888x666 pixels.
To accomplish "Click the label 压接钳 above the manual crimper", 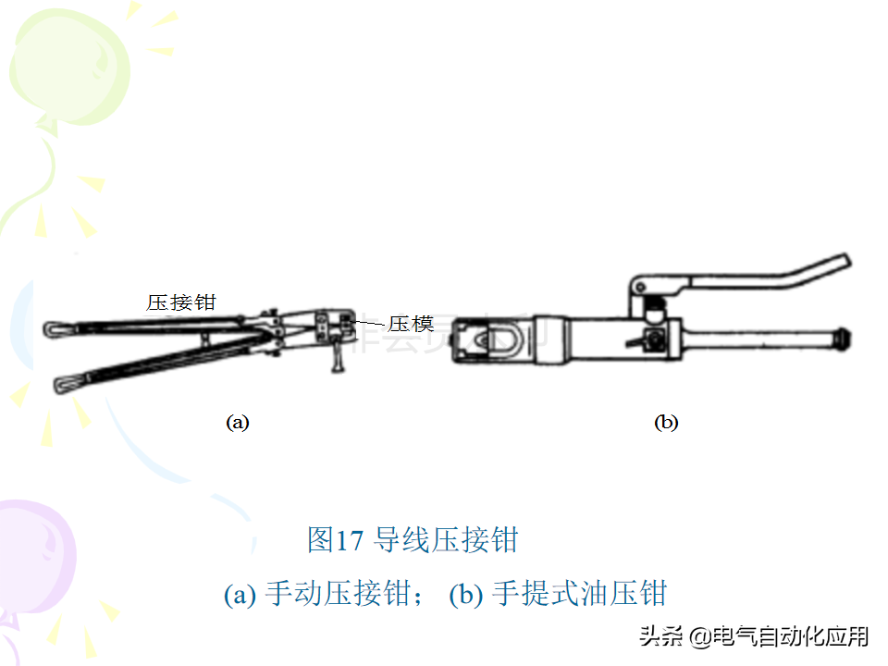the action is (x=181, y=302).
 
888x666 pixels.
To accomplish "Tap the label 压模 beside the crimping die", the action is (x=411, y=324).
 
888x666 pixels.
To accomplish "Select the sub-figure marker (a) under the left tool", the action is (x=238, y=423).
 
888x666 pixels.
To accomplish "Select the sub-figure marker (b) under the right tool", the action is (x=666, y=423).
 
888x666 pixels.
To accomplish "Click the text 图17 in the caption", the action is (x=335, y=539).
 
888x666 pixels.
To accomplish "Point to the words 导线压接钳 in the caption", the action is (x=446, y=539).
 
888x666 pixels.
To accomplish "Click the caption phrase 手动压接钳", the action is (x=339, y=594).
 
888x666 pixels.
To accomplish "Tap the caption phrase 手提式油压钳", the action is (x=579, y=594).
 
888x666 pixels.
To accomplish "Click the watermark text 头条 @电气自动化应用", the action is (x=754, y=636).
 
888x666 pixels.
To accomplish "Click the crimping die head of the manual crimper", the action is (x=335, y=327).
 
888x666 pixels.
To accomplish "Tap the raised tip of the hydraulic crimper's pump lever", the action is (x=843, y=262).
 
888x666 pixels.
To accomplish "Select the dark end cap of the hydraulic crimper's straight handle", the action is (x=842, y=339).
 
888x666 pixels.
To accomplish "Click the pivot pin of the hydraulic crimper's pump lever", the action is (x=640, y=287).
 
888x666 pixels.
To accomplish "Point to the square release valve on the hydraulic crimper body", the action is (x=657, y=339).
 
